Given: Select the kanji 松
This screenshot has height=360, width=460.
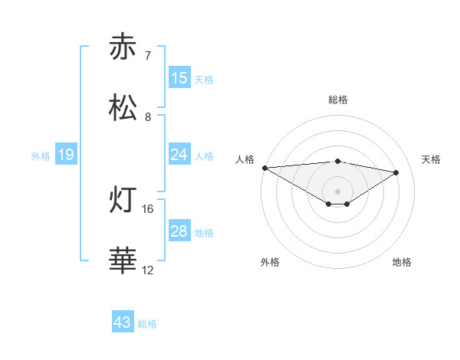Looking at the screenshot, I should click(x=123, y=108).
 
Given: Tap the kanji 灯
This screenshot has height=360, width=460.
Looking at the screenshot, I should click(x=123, y=201).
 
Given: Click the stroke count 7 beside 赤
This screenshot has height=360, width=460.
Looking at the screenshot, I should click(x=147, y=55).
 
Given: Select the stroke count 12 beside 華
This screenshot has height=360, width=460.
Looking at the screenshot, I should click(x=148, y=270).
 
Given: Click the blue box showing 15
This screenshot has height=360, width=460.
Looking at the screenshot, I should click(x=179, y=78).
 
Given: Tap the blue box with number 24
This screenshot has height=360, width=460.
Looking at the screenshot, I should click(x=179, y=155).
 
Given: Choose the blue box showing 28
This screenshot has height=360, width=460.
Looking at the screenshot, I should click(x=179, y=231).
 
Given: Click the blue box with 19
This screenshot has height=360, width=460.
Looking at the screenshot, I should click(x=66, y=155).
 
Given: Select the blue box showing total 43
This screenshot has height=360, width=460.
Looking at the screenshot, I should click(x=123, y=322).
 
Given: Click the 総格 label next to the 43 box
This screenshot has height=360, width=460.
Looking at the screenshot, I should click(x=147, y=324).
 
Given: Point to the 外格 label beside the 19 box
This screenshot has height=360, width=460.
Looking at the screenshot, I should click(x=41, y=156).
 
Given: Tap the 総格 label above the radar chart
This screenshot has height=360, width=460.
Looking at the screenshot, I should click(x=338, y=100).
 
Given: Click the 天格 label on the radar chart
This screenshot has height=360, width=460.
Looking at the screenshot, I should click(x=432, y=159).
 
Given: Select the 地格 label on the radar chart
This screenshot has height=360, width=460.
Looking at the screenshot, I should click(x=402, y=262).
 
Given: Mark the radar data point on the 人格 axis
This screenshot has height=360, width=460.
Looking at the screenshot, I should click(x=264, y=168).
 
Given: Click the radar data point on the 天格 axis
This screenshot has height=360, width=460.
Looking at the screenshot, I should click(x=396, y=172).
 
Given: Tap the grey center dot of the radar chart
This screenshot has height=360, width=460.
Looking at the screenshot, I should click(x=337, y=191).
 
